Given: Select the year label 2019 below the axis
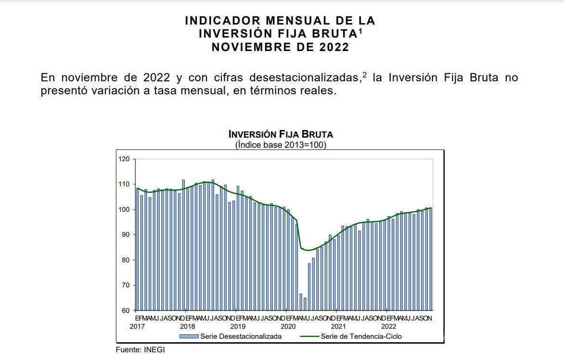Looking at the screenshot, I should pyautogui.click(x=236, y=326).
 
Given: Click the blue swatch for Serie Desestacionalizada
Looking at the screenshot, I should pyautogui.click(x=189, y=336).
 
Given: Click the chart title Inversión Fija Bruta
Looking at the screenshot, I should pyautogui.click(x=280, y=134).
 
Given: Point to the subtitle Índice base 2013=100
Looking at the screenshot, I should pyautogui.click(x=280, y=145).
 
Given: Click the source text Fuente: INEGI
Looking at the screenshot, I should pyautogui.click(x=140, y=350).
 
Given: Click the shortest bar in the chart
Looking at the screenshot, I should pyautogui.click(x=305, y=304).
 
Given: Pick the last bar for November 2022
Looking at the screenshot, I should pyautogui.click(x=430, y=259).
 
